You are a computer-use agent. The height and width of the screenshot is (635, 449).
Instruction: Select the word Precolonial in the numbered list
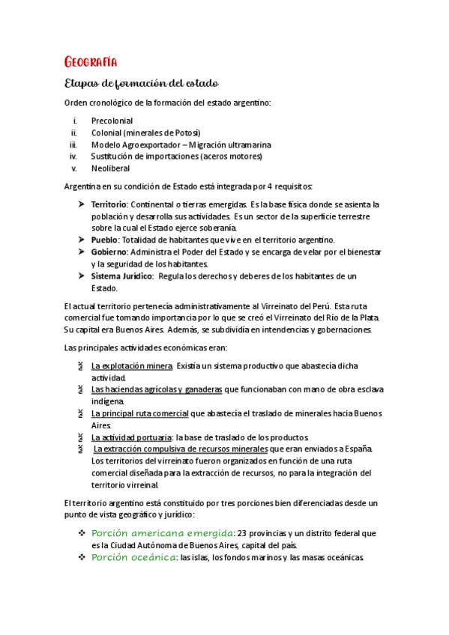(112, 120)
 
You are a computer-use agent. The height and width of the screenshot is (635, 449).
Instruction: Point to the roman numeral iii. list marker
(73, 145)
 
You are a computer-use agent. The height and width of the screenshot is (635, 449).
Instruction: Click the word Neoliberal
(110, 168)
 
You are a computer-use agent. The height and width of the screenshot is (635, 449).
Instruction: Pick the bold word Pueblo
(104, 240)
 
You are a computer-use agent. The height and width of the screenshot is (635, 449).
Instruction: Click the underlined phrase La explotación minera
(132, 366)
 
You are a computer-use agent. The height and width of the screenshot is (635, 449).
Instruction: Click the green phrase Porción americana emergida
(162, 533)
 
